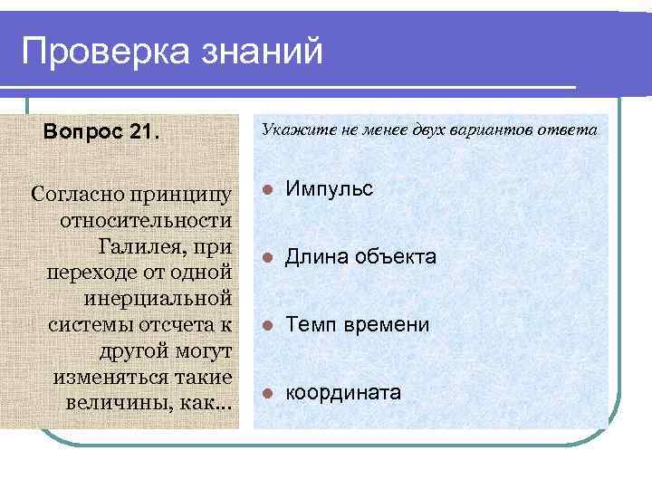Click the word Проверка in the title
[99, 52]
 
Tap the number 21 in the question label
[143, 132]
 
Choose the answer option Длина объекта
[360, 258]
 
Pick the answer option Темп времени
[358, 325]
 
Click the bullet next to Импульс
[266, 190]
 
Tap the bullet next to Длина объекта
[266, 259]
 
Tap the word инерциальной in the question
[158, 299]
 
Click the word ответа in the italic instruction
[571, 129]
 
